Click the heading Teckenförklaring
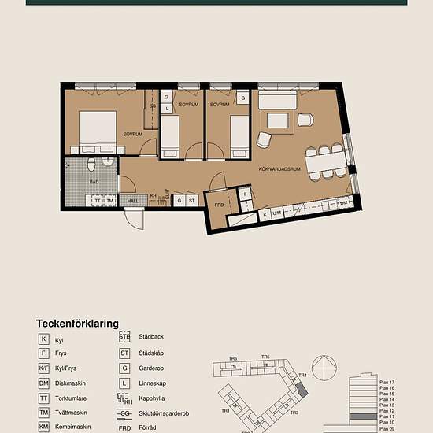tap(77, 323)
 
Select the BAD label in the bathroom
tap(94, 182)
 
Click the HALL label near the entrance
tap(133, 201)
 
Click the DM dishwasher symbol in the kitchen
tap(343, 202)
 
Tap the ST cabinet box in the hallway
tap(191, 201)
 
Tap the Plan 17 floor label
tap(386, 382)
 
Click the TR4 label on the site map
tap(301, 376)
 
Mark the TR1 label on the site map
tap(225, 410)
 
